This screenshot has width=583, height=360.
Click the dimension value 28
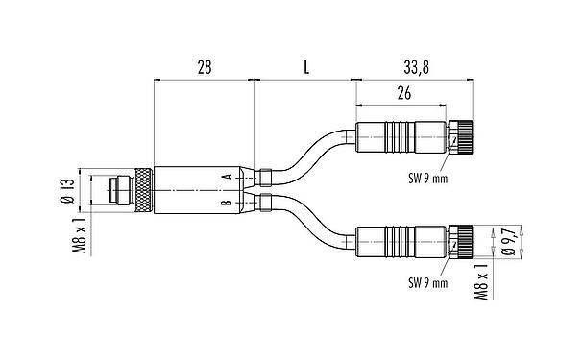coord(204,68)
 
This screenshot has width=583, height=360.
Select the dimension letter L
coord(305,68)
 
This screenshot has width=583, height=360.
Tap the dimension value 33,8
coord(415,68)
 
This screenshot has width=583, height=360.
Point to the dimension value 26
coord(403,93)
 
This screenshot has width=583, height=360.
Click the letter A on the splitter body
coord(226,178)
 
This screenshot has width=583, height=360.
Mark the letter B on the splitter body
coord(226,204)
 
